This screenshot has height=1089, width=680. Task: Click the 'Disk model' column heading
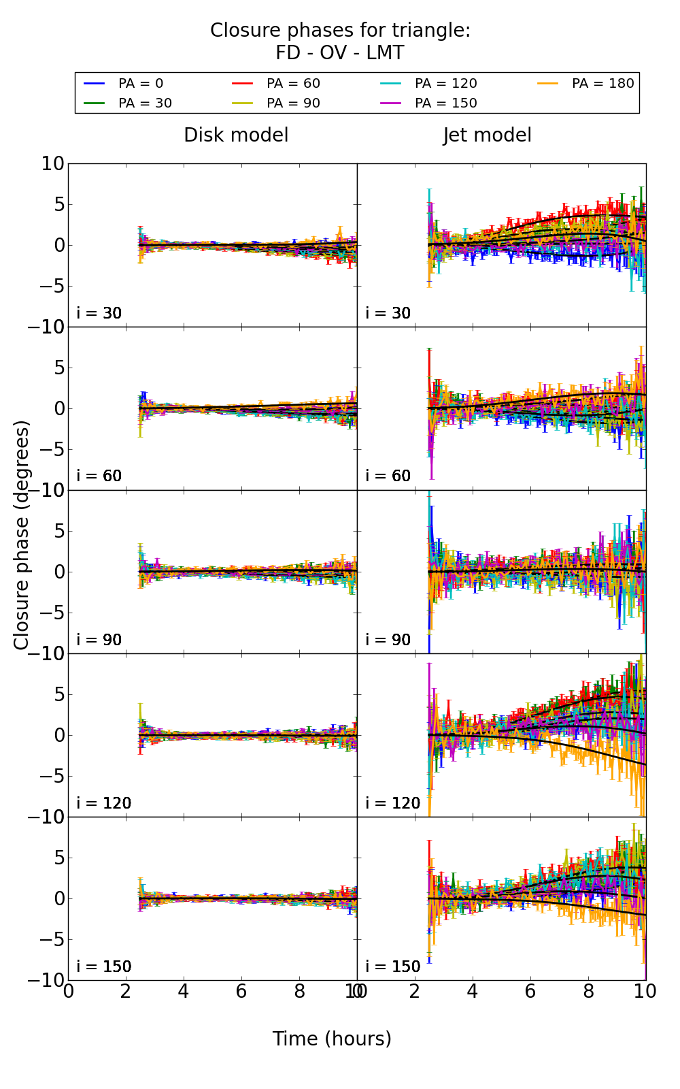pos(236,135)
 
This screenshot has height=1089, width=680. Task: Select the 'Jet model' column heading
pos(487,135)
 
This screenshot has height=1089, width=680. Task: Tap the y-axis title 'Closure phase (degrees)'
pos(22,535)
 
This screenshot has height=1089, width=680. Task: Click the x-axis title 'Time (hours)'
pos(332,1039)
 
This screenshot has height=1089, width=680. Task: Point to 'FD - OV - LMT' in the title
pos(340,53)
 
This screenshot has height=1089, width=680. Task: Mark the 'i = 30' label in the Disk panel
pos(99,313)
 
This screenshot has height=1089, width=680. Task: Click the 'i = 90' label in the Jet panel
pos(388,640)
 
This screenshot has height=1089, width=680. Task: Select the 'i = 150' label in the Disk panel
pos(104,966)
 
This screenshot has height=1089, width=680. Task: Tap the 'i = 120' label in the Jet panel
pos(393,803)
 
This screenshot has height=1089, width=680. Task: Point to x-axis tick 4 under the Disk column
pos(184,992)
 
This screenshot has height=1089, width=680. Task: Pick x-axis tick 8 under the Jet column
pos(588,992)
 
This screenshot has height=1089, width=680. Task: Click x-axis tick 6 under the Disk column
pos(241,992)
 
